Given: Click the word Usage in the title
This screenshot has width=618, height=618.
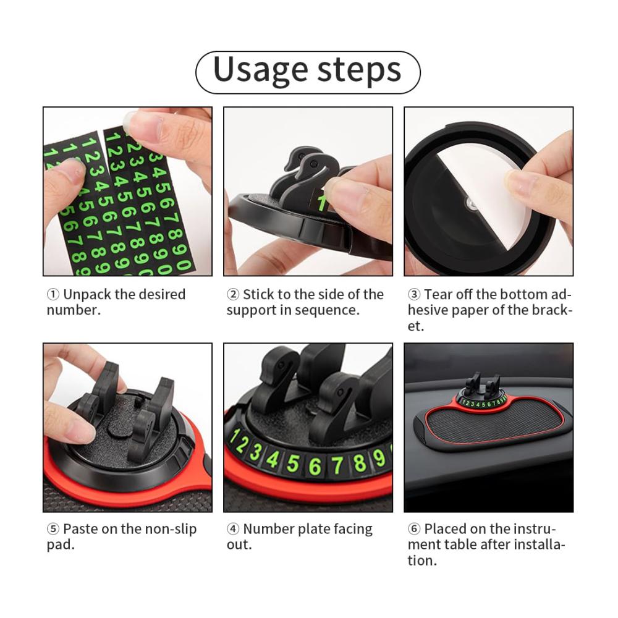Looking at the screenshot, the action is pos(260,70).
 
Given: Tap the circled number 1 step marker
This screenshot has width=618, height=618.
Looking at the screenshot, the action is pos(53,294).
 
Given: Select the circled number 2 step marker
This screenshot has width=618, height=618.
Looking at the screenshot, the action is pos(233,294).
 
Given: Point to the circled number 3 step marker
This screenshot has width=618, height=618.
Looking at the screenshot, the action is pos(414,294).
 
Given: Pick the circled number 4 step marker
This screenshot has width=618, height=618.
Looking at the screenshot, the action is pos(233,529).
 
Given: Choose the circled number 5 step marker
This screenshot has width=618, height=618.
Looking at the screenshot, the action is pos(53,529).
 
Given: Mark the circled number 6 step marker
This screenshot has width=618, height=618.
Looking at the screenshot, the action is pos(414,529).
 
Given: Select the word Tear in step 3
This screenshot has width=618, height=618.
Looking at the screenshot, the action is pos(438,294).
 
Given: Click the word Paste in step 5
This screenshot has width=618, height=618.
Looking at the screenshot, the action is pos(80,529).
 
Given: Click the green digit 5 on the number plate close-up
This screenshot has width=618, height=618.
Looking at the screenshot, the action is pos(292,463).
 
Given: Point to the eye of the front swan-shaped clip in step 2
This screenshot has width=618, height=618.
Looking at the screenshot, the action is pos(313,163).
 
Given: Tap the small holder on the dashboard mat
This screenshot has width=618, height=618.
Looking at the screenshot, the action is pos(483,387).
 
